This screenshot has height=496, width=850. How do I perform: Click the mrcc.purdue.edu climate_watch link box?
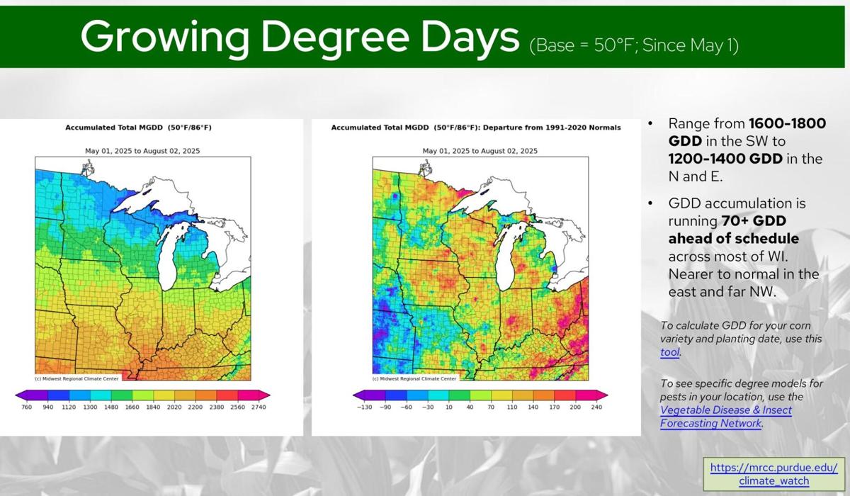pos(773,474)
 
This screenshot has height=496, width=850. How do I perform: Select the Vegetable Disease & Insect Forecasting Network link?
pos(726,417)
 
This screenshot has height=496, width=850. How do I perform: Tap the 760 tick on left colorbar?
pos(27,407)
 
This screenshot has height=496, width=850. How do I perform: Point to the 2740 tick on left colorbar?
pos(256,407)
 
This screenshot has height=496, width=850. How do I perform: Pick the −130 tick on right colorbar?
pos(364,407)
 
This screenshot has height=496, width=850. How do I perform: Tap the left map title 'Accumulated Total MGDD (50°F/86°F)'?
pos(138,128)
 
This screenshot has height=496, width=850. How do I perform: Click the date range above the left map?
pos(142,151)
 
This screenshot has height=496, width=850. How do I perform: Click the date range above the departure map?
pos(480,151)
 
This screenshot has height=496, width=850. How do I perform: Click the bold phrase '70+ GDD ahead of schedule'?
pos(733,230)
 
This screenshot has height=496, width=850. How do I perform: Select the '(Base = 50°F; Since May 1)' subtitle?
pos(634,46)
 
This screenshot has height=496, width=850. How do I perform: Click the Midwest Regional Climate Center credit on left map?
pos(78,378)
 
